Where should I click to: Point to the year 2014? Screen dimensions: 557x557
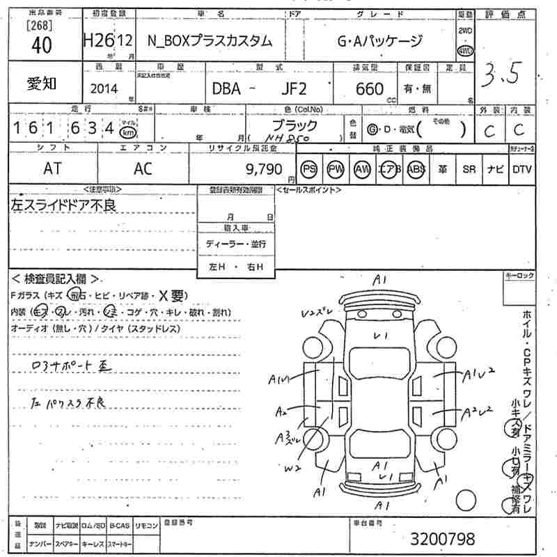(x=104, y=88)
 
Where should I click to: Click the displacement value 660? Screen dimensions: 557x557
(x=369, y=88)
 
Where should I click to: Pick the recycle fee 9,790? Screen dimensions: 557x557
(x=264, y=169)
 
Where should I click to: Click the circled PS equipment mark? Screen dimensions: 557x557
(x=308, y=169)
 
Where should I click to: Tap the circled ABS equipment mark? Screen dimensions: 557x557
(x=416, y=169)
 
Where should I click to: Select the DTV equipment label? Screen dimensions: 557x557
(x=521, y=169)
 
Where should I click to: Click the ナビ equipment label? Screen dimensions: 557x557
(x=495, y=169)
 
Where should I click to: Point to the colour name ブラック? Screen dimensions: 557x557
(x=294, y=125)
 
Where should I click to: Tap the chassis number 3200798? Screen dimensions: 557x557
(x=442, y=538)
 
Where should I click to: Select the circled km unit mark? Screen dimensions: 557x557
(x=127, y=132)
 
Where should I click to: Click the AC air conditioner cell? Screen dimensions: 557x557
(x=143, y=169)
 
